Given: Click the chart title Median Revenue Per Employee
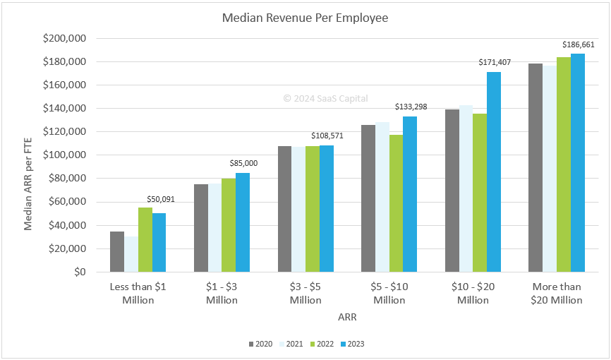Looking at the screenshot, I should [x=305, y=18].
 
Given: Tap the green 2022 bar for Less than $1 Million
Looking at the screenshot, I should [x=145, y=239].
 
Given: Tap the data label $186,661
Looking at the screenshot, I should [x=578, y=44].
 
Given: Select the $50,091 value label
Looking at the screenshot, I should [x=160, y=199].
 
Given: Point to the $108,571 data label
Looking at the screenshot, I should [x=327, y=135].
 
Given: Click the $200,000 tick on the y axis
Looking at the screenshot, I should [x=65, y=39].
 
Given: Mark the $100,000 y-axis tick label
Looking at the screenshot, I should [x=65, y=155].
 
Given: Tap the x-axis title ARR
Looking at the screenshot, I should [x=347, y=318].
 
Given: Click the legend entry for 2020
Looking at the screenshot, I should [x=260, y=344].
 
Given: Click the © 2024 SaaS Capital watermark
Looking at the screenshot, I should [x=325, y=99].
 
